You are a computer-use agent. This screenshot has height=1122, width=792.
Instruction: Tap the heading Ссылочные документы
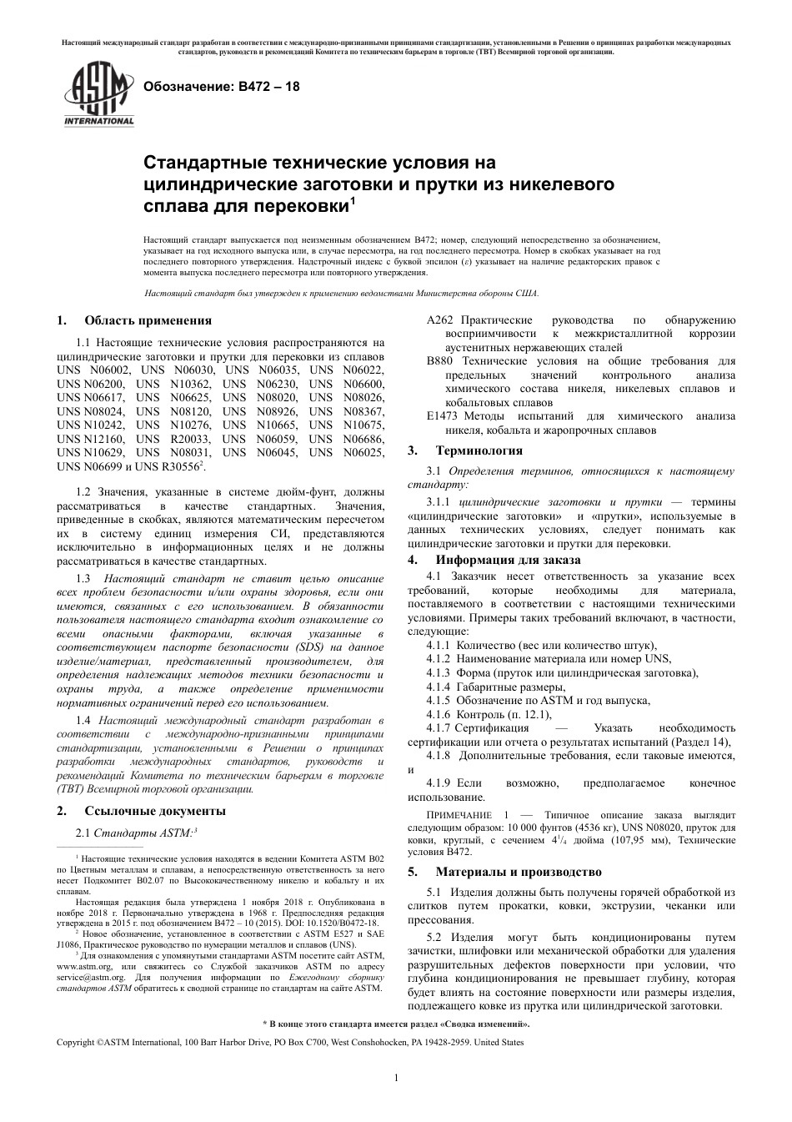pyautogui.click(x=154, y=811)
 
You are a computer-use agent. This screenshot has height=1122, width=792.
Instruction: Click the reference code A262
pyautogui.click(x=439, y=320)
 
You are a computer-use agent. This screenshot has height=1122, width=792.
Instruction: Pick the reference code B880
pyautogui.click(x=439, y=361)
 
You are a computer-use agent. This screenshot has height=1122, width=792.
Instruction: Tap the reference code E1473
pyautogui.click(x=443, y=416)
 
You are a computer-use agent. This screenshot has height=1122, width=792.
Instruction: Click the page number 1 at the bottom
pyautogui.click(x=396, y=1079)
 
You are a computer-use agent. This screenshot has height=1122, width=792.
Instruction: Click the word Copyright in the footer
pyautogui.click(x=75, y=1043)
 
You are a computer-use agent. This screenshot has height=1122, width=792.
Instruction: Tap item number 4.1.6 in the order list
pyautogui.click(x=438, y=714)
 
